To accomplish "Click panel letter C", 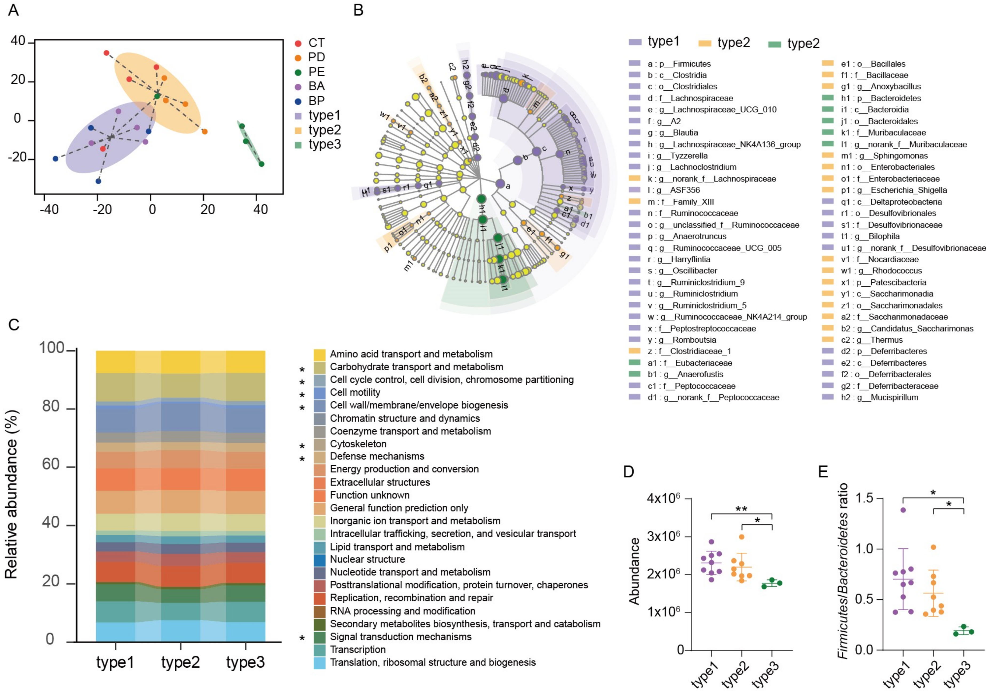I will point(14,324).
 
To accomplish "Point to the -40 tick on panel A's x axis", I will point(48,210).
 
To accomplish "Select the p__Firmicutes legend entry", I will point(679,64).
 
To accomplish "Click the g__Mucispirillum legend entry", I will point(879,397).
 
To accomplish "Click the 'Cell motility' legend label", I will point(355,392).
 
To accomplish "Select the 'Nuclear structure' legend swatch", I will point(319,559).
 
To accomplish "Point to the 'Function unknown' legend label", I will point(369,495).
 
